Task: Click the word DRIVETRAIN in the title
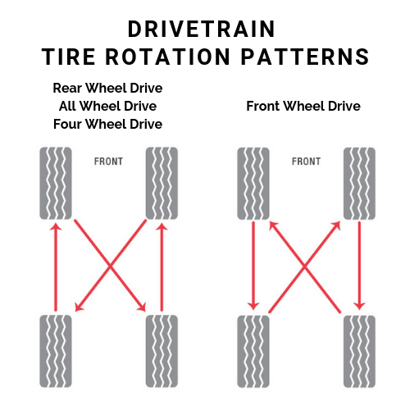[x=201, y=29]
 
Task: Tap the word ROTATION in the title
[x=168, y=57]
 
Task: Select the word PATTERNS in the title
[x=305, y=57]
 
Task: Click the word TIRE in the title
[x=68, y=57]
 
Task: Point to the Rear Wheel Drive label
[x=107, y=88]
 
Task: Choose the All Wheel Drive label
[x=107, y=106]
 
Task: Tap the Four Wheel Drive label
[x=107, y=124]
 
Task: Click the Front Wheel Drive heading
[x=303, y=106]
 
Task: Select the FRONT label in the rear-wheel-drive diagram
[x=108, y=162]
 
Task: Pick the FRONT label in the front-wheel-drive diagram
[x=306, y=162]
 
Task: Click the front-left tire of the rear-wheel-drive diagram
[x=56, y=183]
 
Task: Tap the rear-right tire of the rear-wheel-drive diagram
[x=162, y=351]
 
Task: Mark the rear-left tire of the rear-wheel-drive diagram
[x=56, y=351]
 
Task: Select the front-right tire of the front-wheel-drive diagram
[x=359, y=184]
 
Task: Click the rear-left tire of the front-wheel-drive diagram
[x=253, y=352]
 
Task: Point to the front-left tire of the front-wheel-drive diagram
[x=253, y=184]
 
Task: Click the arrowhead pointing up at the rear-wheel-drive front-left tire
[x=56, y=227]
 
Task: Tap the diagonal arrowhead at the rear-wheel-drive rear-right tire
[x=142, y=307]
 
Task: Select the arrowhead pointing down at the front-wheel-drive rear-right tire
[x=359, y=306]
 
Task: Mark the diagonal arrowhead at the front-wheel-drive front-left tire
[x=274, y=226]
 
